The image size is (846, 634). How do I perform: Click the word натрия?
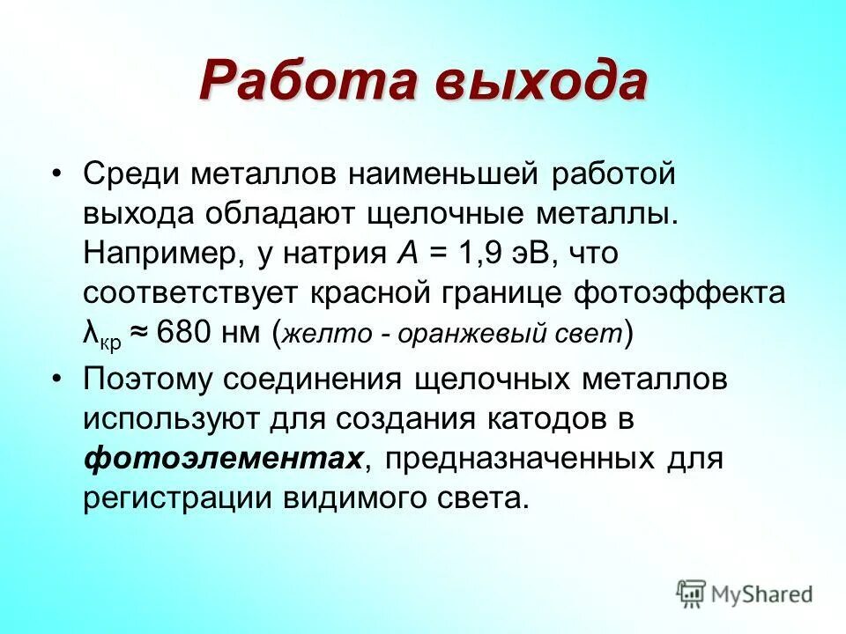(x=334, y=254)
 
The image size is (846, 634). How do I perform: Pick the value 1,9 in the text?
(x=481, y=254)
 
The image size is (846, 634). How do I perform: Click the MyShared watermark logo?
(x=745, y=593)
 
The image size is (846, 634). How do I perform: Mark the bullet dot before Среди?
(x=57, y=174)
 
